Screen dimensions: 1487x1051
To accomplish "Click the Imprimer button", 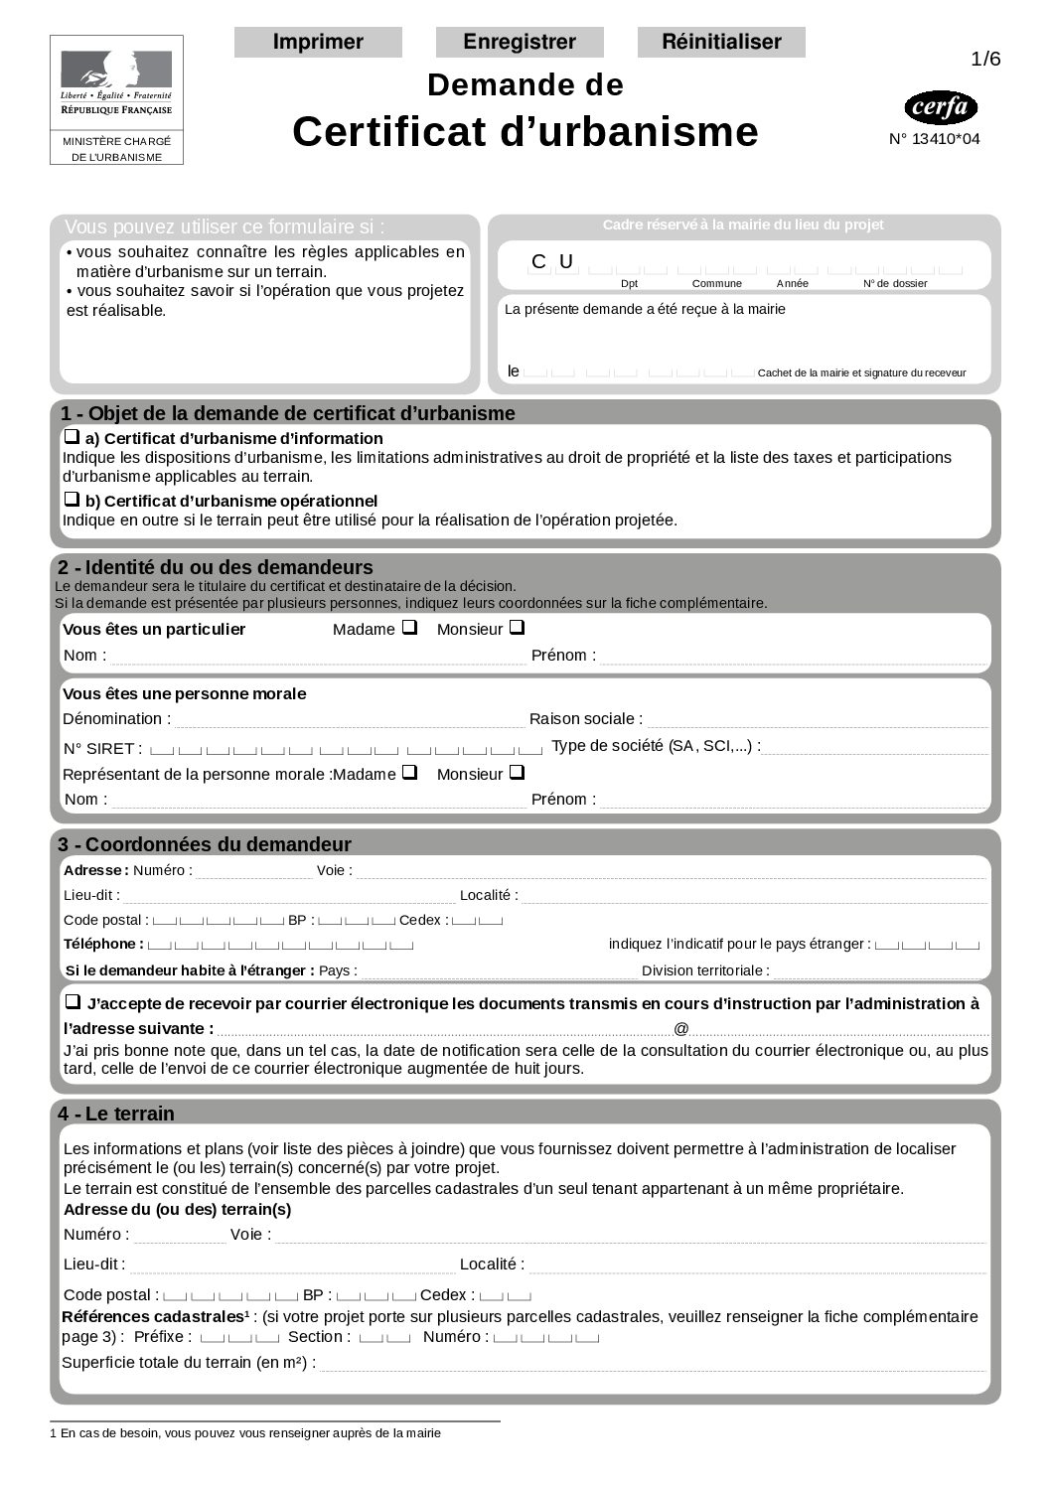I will click(x=318, y=42).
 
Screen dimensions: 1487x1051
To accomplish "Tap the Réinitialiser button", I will click(x=721, y=42).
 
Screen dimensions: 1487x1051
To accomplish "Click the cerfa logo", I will click(x=941, y=107).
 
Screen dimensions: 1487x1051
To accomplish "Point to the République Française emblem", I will click(x=116, y=83).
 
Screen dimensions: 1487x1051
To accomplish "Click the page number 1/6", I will click(x=985, y=60).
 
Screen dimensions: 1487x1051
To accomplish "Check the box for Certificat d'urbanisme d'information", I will click(x=72, y=436).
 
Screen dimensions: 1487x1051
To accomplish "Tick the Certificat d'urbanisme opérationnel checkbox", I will click(x=72, y=499).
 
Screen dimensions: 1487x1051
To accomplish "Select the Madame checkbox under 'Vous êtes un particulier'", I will click(x=409, y=628).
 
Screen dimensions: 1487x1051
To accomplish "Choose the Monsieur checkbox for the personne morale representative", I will click(x=517, y=772).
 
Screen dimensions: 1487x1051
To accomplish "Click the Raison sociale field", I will click(x=817, y=720).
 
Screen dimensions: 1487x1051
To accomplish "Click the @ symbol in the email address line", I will click(x=681, y=1029).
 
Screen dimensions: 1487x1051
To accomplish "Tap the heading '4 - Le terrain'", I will click(x=116, y=1114).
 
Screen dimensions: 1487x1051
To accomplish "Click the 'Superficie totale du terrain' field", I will click(x=652, y=1364).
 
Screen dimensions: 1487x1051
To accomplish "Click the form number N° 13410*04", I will click(x=934, y=139).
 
